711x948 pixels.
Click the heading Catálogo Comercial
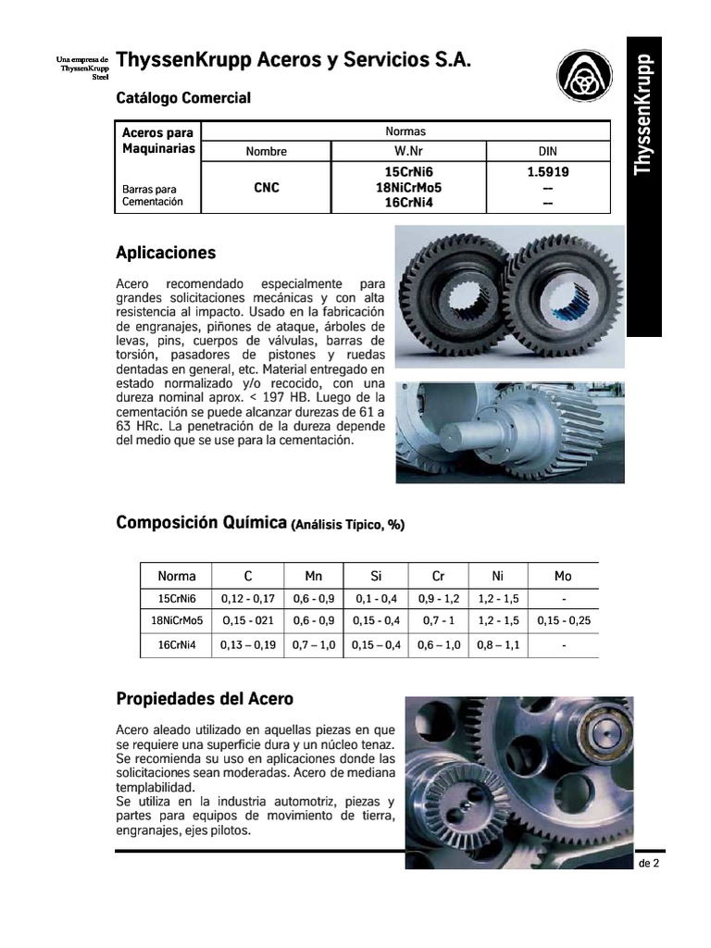(183, 97)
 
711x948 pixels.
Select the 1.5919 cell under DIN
(548, 172)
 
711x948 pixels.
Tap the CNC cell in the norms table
(267, 187)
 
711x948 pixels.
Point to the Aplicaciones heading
(166, 253)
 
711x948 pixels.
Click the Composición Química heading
(201, 523)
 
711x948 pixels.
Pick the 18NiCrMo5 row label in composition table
(177, 620)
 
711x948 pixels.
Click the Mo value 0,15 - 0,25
(563, 620)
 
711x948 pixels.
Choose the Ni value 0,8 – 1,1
(499, 645)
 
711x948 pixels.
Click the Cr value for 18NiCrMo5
(439, 620)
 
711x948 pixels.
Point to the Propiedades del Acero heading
(205, 698)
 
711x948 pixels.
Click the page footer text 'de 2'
(648, 863)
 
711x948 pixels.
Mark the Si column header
(376, 576)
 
